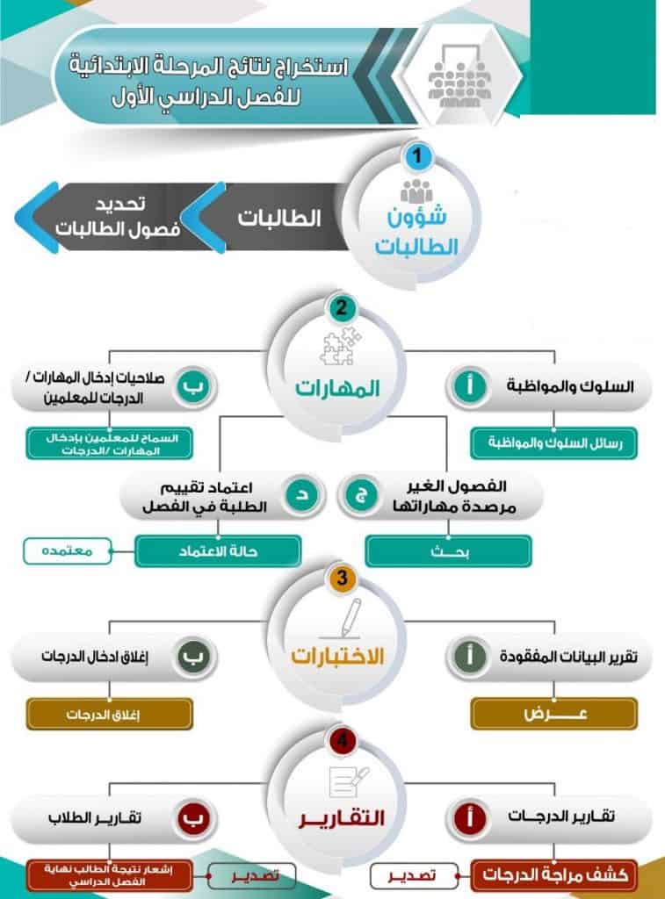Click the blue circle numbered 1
(x=417, y=155)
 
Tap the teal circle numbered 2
(x=342, y=308)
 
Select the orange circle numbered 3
(x=342, y=578)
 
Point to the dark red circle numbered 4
(x=342, y=740)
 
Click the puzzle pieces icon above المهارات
(x=340, y=346)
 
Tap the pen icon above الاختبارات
(x=343, y=619)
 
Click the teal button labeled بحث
(x=449, y=551)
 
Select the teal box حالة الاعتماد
(x=218, y=551)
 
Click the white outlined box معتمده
(x=67, y=551)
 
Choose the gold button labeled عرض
(x=554, y=714)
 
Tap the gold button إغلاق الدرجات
(x=110, y=714)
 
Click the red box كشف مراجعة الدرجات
(x=554, y=875)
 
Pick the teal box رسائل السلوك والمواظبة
(x=554, y=443)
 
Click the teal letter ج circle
(x=361, y=495)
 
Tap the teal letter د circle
(x=303, y=495)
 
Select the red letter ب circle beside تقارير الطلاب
(x=193, y=818)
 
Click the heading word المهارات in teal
(x=337, y=388)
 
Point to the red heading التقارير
(x=342, y=818)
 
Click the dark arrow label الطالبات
(x=278, y=218)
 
